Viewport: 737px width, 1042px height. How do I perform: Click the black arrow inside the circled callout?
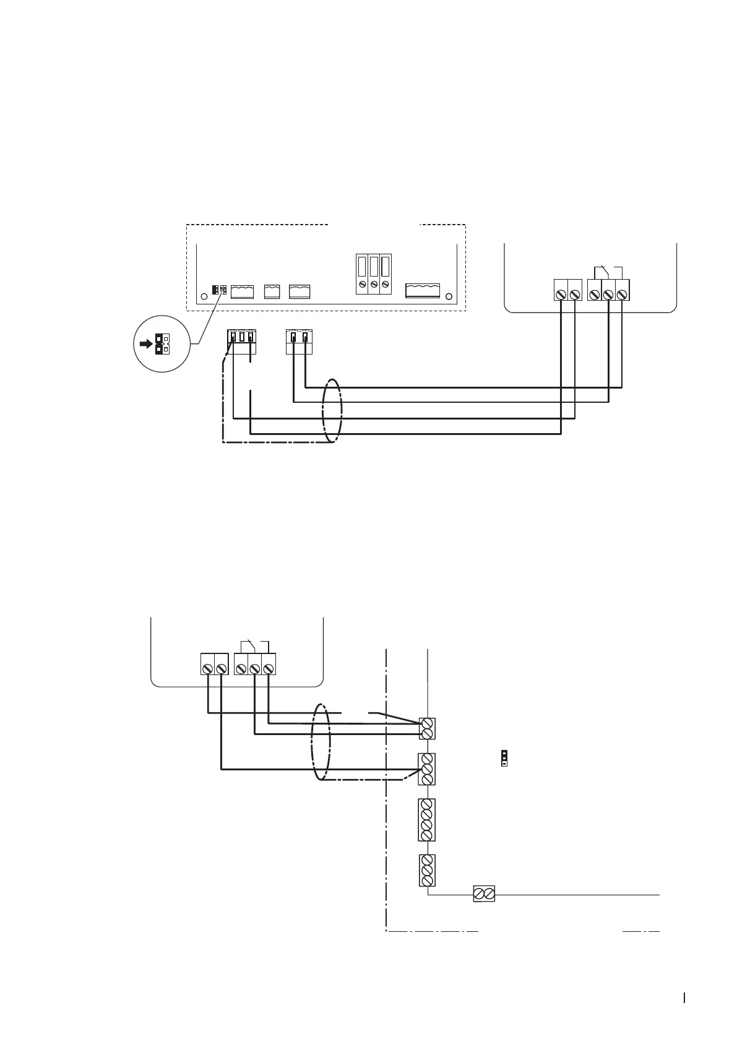pyautogui.click(x=145, y=344)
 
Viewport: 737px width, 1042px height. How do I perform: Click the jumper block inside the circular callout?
pyautogui.click(x=162, y=344)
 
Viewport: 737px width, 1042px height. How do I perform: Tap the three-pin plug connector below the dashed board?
pyautogui.click(x=241, y=342)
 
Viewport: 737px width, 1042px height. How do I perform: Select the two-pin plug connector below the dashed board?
pyautogui.click(x=300, y=342)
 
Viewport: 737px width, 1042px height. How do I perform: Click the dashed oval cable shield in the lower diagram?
pyautogui.click(x=321, y=743)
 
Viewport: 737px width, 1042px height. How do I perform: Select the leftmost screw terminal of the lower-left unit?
pyautogui.click(x=207, y=668)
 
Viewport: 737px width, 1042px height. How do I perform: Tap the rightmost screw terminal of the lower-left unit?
pyautogui.click(x=268, y=668)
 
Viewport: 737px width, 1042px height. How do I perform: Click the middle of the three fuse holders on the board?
pyautogui.click(x=374, y=273)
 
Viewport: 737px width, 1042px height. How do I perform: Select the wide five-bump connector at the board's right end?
pyautogui.click(x=422, y=291)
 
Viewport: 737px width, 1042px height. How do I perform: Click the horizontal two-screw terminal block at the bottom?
pyautogui.click(x=484, y=893)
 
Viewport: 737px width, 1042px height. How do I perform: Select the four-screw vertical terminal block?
pyautogui.click(x=426, y=820)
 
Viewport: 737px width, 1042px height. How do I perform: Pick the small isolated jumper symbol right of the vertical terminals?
pyautogui.click(x=504, y=758)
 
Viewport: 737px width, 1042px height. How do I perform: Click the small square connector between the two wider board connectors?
pyautogui.click(x=272, y=291)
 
